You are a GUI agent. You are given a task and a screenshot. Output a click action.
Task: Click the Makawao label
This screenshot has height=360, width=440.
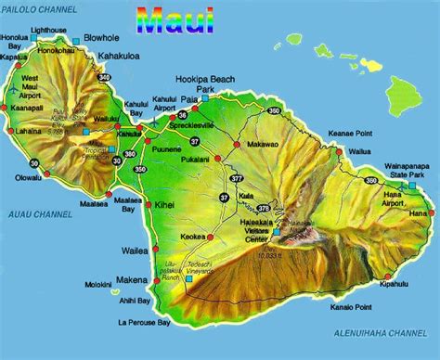260,146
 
